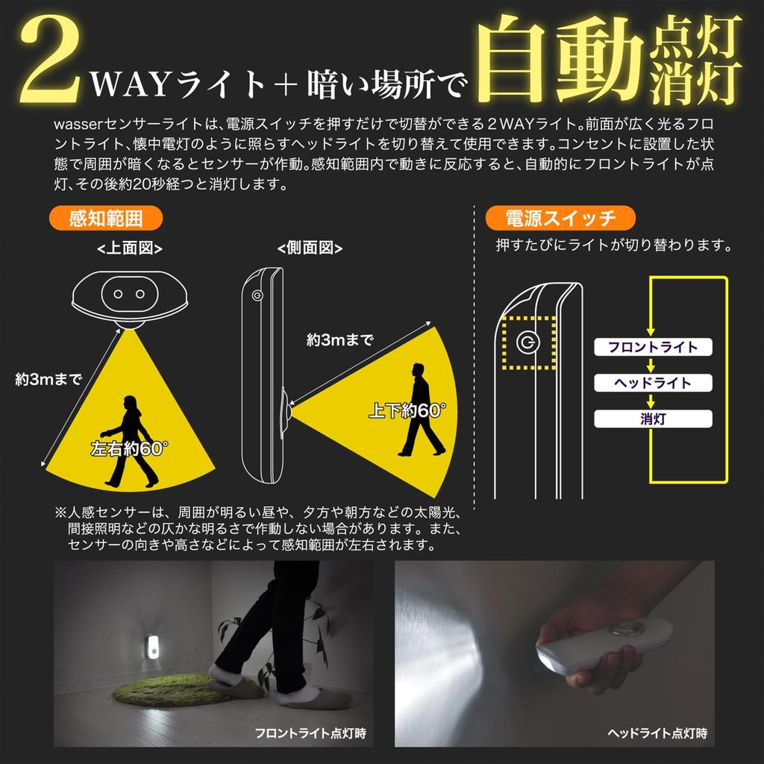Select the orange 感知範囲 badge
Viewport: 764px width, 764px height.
[105, 219]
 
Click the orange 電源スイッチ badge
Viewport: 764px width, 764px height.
[560, 219]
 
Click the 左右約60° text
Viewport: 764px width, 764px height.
[129, 449]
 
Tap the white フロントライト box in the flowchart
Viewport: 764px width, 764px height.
[653, 347]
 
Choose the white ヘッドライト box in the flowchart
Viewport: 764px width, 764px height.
[653, 383]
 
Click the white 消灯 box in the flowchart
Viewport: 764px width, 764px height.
[653, 419]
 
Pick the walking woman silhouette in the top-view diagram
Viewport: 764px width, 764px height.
[131, 440]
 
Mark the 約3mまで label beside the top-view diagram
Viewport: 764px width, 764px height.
[48, 379]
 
